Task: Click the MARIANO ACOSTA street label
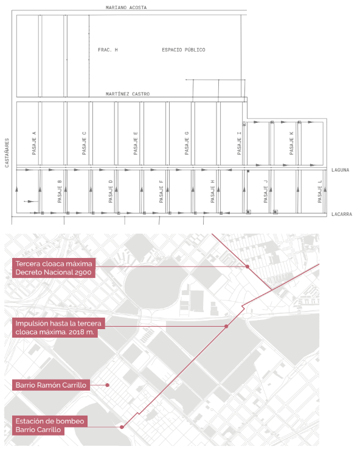click(x=126, y=7)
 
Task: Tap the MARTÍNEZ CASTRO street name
click(x=128, y=94)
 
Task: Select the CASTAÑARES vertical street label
click(x=7, y=153)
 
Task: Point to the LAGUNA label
click(x=341, y=170)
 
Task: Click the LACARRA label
click(x=342, y=214)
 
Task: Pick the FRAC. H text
click(x=108, y=50)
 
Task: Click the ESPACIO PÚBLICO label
click(x=184, y=50)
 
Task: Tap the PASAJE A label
click(x=34, y=143)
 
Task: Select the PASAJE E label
click(x=136, y=143)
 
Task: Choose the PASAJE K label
click(x=291, y=143)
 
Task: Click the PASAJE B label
click(x=60, y=191)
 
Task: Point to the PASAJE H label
click(x=212, y=191)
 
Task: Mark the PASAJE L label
click(x=320, y=191)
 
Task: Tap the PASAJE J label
click(x=266, y=191)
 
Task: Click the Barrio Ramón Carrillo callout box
click(x=51, y=385)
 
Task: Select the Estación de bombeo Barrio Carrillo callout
click(x=50, y=425)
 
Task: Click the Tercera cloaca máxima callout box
click(x=54, y=268)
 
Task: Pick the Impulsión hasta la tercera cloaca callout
click(x=58, y=327)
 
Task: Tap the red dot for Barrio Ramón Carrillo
click(x=107, y=385)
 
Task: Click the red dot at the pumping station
click(x=122, y=427)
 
